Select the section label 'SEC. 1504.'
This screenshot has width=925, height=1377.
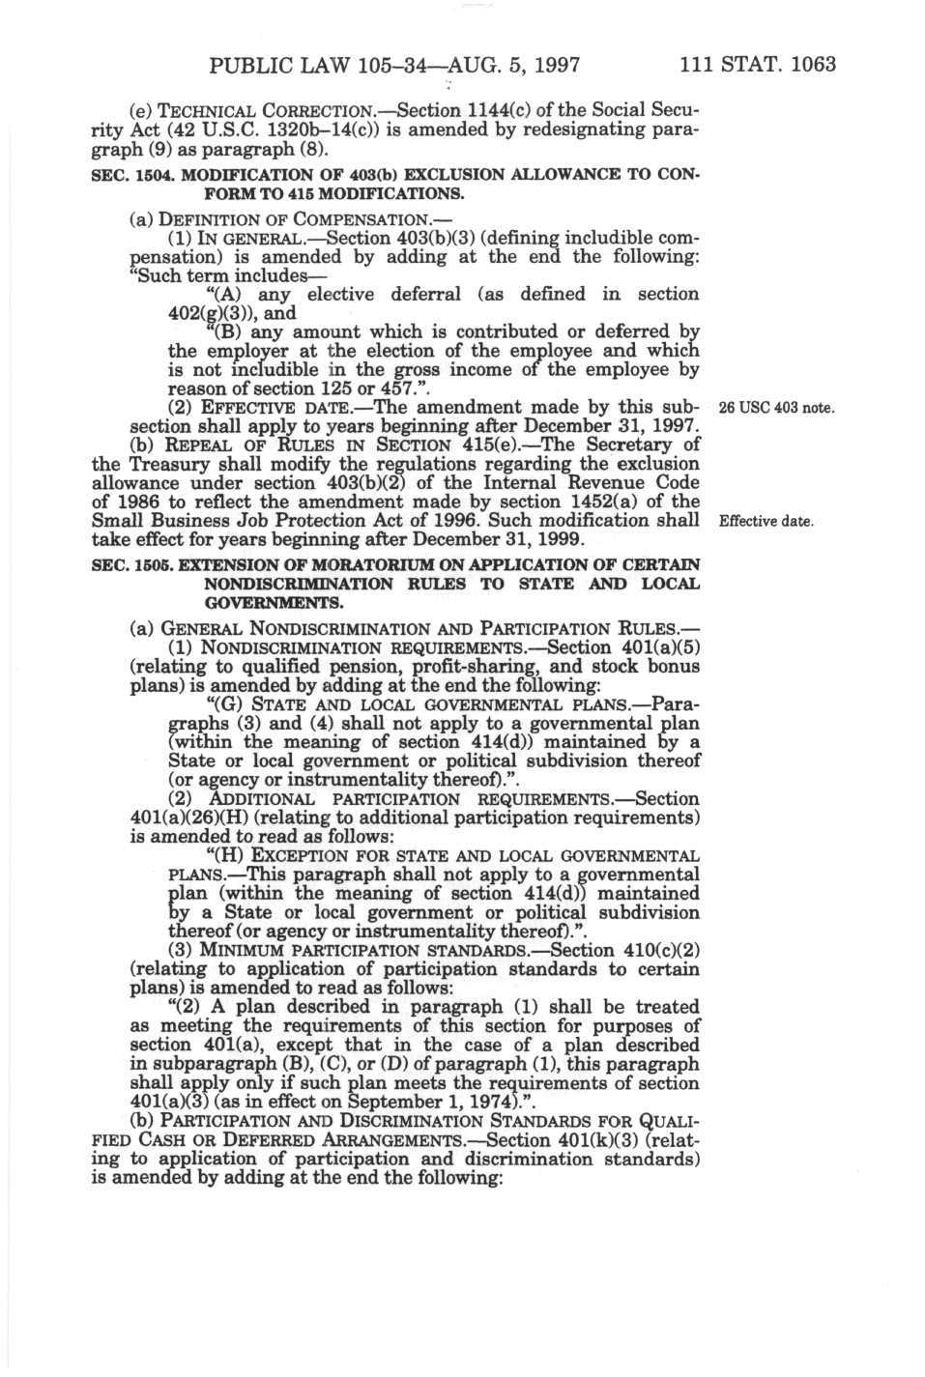point(129,175)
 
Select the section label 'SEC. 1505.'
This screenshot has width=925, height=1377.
point(129,564)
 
